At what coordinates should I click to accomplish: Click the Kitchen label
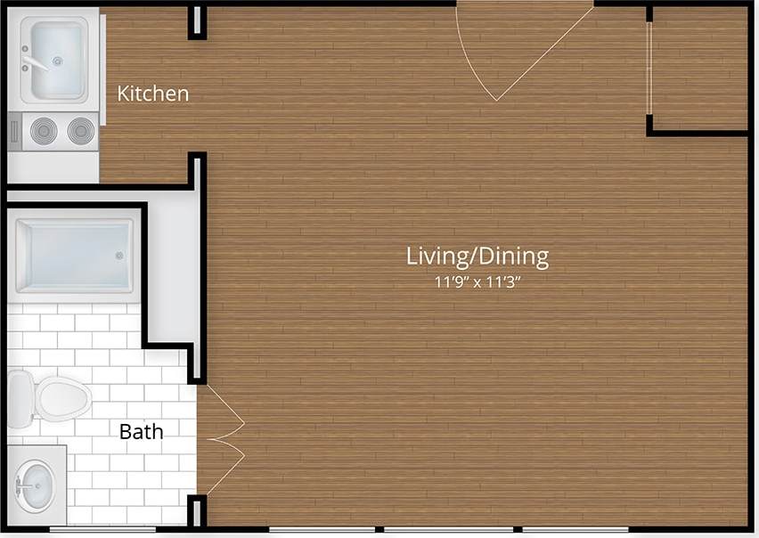[153, 93]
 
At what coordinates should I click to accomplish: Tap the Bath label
[142, 432]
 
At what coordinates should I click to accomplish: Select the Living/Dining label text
[477, 257]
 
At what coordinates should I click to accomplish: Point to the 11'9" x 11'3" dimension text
[477, 284]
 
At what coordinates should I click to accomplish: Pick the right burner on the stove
[80, 132]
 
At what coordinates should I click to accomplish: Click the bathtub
[74, 255]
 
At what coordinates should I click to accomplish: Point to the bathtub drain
[119, 255]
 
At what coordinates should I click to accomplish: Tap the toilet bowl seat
[62, 398]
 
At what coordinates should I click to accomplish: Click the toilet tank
[19, 398]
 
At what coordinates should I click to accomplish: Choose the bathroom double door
[220, 439]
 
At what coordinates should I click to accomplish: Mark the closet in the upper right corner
[700, 68]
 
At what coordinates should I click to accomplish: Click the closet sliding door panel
[649, 68]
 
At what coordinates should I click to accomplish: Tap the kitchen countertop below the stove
[53, 166]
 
